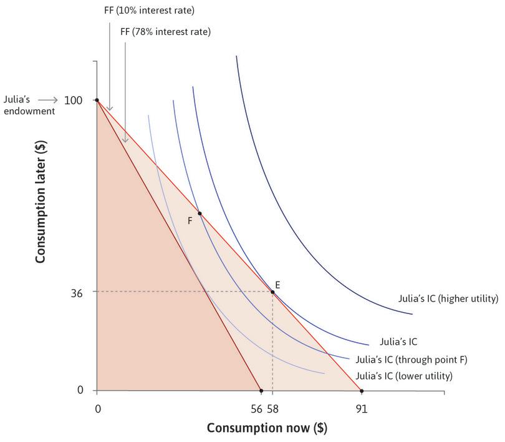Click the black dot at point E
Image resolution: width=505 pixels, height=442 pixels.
pos(272,292)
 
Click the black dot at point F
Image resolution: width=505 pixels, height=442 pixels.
pos(200,214)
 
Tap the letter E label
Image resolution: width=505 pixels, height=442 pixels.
pos(277,285)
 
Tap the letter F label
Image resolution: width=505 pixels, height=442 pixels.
pos(190,220)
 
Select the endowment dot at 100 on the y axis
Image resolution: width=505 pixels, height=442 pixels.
pos(97,100)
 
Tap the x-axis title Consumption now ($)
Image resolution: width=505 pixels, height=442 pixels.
pos(267,428)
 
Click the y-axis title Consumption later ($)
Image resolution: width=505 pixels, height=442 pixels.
pos(41,209)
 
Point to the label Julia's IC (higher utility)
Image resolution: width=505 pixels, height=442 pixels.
pos(448,298)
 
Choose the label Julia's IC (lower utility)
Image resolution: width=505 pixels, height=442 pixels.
pos(403,376)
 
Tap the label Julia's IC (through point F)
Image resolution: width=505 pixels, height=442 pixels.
pos(411,360)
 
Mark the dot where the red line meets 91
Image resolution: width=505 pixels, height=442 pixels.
pos(362,391)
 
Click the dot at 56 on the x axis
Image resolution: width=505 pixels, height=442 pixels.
pos(261,391)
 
